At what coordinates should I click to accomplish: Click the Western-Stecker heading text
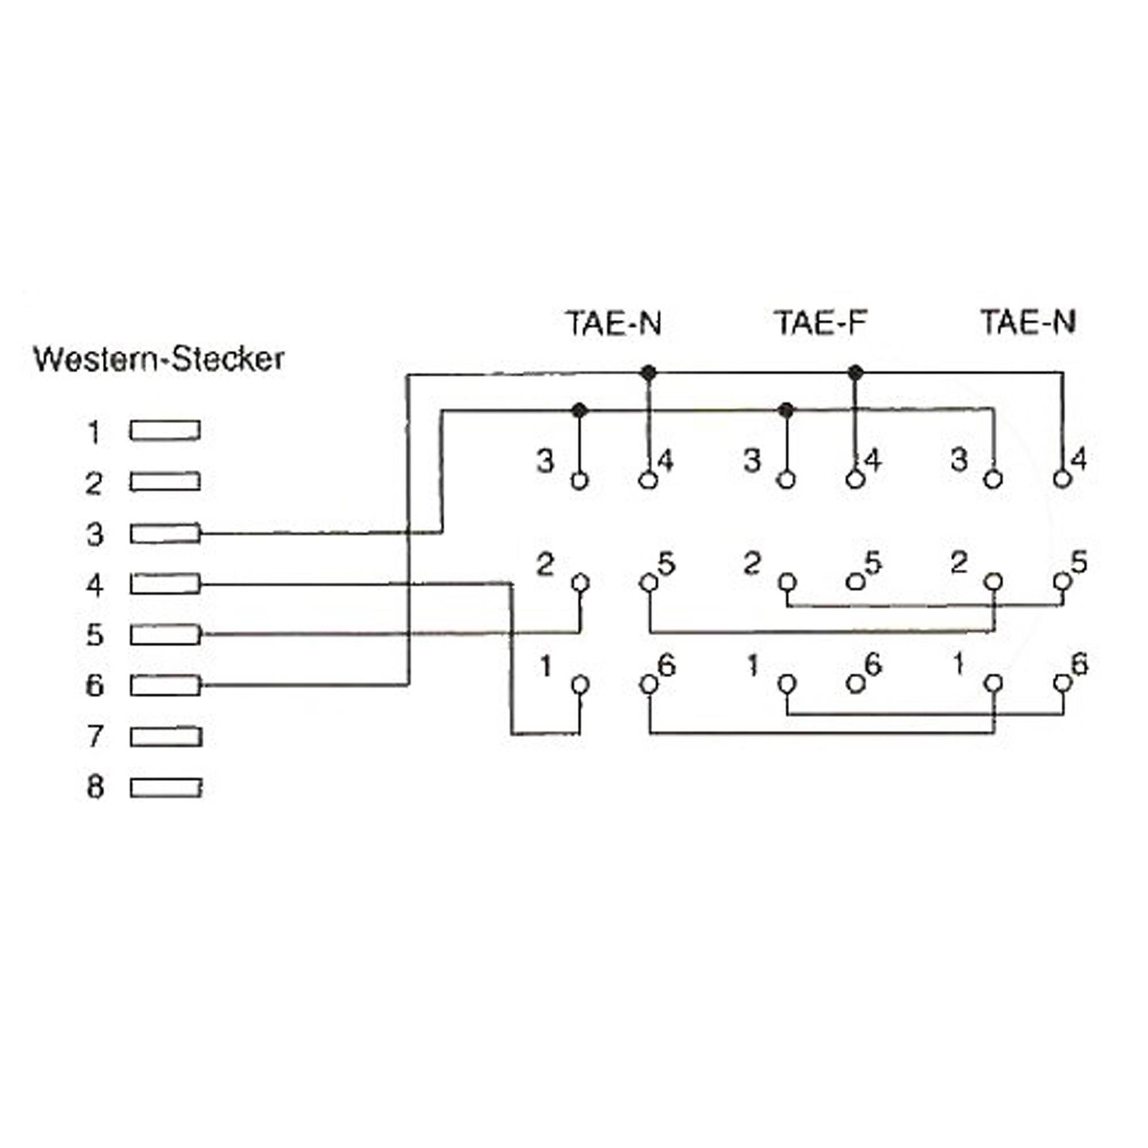pos(158,359)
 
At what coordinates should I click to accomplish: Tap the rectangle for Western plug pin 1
pos(165,431)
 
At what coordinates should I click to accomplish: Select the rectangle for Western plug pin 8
pos(166,788)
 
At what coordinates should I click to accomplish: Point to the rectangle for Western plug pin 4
pos(165,584)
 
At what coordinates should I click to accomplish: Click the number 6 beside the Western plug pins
pos(95,686)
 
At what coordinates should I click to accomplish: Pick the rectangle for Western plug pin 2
pos(165,482)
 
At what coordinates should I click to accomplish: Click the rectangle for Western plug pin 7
pos(166,737)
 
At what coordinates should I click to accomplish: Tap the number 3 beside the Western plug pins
pos(95,534)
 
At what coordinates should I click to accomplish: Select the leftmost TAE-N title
pos(614,324)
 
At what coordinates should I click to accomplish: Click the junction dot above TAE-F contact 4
pos(855,373)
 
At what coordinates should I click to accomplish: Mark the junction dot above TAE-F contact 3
pos(786,410)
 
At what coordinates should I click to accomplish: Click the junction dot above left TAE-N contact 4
pos(649,373)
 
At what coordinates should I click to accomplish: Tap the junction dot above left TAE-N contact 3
pos(579,410)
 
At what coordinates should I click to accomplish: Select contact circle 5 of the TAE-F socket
pos(855,582)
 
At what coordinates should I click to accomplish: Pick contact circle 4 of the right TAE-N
pos(1062,478)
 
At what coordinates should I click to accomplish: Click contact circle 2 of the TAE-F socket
pos(787,582)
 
